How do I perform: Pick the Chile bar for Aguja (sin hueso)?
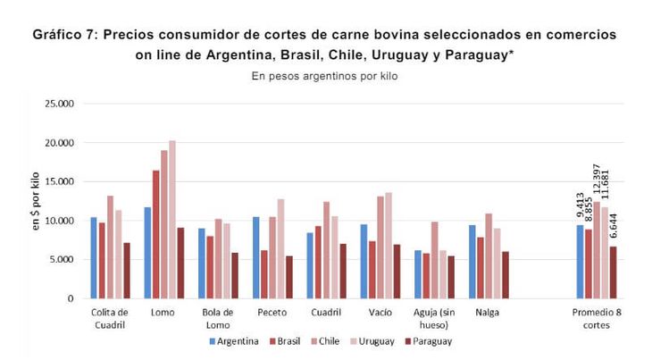pyautogui.click(x=434, y=260)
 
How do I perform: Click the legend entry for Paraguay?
pyautogui.click(x=427, y=341)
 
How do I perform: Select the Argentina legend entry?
pyautogui.click(x=234, y=341)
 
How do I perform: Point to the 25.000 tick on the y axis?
pyautogui.click(x=61, y=104)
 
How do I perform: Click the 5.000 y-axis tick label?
pyautogui.click(x=63, y=260)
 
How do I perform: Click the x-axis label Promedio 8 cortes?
pyautogui.click(x=597, y=318)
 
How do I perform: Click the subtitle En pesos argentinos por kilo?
pyautogui.click(x=325, y=76)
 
